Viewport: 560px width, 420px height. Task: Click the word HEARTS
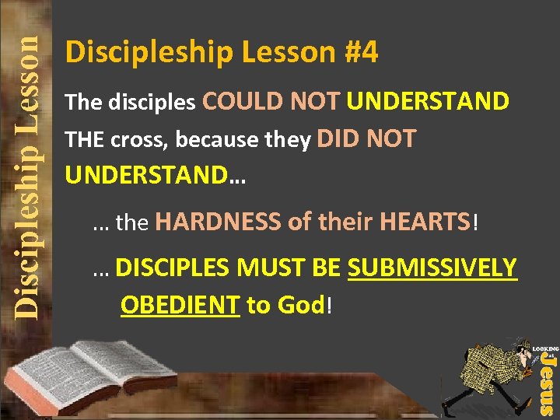425,223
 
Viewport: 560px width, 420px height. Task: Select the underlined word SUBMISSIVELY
432,268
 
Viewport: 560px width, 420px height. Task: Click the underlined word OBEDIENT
180,306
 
